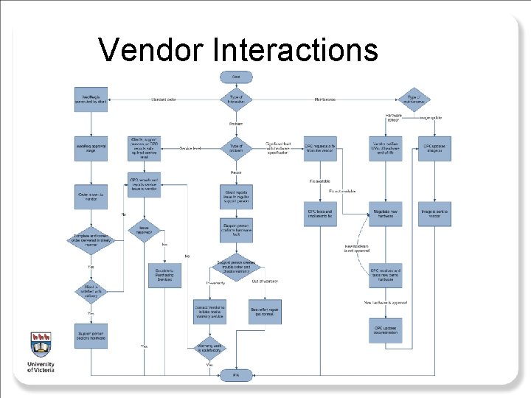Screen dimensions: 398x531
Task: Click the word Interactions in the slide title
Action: [295, 50]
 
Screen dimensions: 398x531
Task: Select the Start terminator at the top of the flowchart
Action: [236, 77]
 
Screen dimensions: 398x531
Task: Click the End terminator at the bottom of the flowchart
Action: [236, 375]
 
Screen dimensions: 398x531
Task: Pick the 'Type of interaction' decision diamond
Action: [236, 99]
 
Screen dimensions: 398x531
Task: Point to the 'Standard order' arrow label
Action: [164, 99]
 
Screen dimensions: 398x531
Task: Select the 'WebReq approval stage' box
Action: [91, 148]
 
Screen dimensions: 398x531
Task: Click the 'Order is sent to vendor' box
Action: [91, 195]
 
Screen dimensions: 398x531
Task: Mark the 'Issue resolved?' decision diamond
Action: [145, 231]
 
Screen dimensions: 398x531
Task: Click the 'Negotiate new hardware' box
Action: [386, 213]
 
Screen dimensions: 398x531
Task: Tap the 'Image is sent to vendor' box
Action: [435, 213]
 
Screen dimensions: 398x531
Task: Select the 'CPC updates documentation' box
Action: [386, 329]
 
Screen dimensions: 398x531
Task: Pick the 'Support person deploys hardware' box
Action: [91, 335]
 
